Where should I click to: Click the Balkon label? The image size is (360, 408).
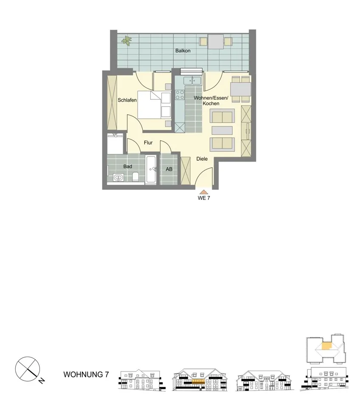point(183,51)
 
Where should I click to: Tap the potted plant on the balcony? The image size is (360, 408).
point(127,40)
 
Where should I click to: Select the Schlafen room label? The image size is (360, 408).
point(127,100)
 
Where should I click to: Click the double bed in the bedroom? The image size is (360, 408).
point(154,105)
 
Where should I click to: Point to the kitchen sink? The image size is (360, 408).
point(192,81)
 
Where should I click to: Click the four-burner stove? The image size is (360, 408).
point(180,95)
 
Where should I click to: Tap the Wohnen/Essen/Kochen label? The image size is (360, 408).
point(211,101)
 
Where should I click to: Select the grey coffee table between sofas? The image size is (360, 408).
point(222,130)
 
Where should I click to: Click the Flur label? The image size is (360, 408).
point(148,143)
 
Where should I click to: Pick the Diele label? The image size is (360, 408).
point(202,159)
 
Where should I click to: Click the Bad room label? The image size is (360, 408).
point(128,166)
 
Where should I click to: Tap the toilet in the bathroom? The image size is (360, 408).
point(135,177)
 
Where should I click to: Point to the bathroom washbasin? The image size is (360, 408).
point(119,178)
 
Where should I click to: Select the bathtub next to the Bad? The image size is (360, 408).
point(151,169)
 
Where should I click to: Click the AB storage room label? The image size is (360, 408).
point(169,169)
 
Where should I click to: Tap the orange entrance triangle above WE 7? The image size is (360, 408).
point(202,192)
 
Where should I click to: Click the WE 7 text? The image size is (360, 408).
point(204,198)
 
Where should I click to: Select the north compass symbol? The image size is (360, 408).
point(28,369)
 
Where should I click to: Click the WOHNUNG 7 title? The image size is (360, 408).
point(86,374)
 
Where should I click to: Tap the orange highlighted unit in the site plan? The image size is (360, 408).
point(327,346)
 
